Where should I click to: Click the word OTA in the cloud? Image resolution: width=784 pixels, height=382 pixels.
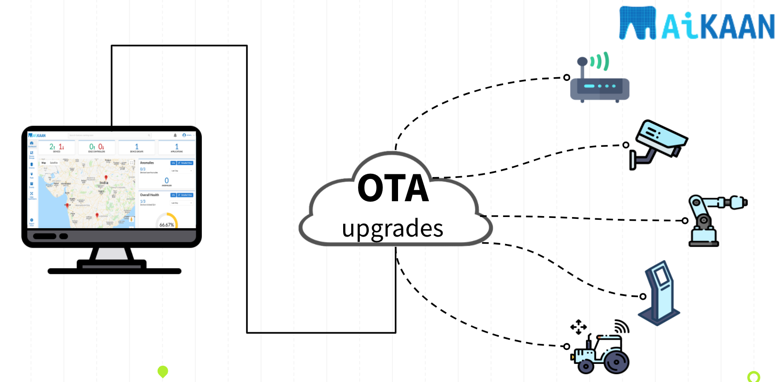coord(393,188)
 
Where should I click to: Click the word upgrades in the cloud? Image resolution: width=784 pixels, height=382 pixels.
coord(392,228)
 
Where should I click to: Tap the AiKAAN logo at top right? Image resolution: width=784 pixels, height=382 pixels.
coord(697,24)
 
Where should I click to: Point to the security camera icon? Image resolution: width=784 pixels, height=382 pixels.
coord(658,144)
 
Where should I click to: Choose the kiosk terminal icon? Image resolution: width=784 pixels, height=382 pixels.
coord(660,293)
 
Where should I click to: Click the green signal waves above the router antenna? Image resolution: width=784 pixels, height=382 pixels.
coord(601,61)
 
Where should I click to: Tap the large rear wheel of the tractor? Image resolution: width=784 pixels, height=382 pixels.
coord(616,362)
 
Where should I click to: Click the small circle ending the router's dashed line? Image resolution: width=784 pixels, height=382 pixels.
coord(566,77)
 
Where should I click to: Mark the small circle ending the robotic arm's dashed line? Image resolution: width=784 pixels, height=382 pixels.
coord(685,221)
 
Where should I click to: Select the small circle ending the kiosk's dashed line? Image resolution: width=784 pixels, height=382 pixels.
coord(643,296)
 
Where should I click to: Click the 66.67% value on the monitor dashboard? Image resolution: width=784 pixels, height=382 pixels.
coord(166,225)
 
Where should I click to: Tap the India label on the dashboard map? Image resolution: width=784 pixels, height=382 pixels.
coord(104,183)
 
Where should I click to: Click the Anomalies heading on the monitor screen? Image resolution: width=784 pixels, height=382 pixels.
coord(147,163)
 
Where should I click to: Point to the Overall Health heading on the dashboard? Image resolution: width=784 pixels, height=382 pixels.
coord(149,195)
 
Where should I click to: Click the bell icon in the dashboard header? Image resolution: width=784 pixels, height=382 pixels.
coord(175,135)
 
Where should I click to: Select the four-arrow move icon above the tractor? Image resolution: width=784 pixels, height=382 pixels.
coord(578,327)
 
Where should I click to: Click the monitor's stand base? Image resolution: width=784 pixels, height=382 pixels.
coord(114,270)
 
